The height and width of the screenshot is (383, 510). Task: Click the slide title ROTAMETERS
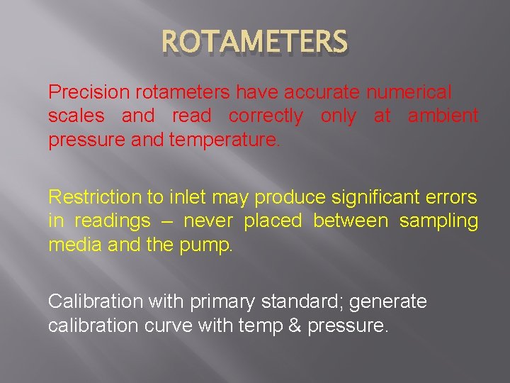tap(254, 43)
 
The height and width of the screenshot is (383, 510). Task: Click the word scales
tap(76, 116)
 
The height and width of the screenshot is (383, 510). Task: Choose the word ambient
tap(443, 116)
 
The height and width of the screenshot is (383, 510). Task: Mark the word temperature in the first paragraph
tap(225, 140)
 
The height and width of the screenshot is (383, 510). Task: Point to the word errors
tap(450, 196)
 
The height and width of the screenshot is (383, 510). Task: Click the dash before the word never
tap(167, 221)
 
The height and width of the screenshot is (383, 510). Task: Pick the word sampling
tap(438, 221)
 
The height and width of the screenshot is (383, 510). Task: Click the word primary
tap(223, 301)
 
